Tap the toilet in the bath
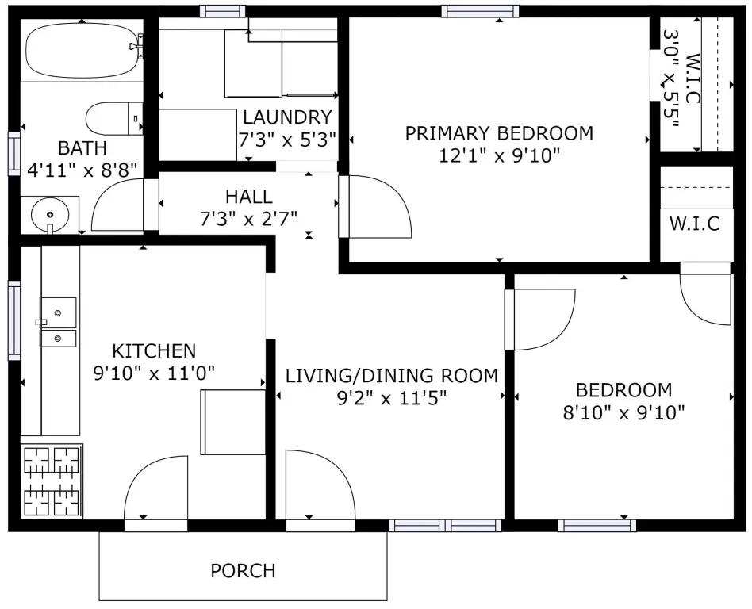[x=114, y=118]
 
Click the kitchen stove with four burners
[x=52, y=481]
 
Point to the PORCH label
[x=244, y=571]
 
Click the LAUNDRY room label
[x=287, y=117]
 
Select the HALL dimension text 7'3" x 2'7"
[x=248, y=219]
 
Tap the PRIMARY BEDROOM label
[x=499, y=133]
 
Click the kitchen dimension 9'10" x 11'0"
[x=154, y=373]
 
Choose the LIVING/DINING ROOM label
[x=392, y=375]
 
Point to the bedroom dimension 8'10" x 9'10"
[x=623, y=412]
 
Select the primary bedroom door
[x=375, y=207]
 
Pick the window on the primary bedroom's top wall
[x=480, y=10]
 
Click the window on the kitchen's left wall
[x=14, y=320]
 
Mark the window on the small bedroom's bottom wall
[x=597, y=526]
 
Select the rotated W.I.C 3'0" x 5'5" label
[x=682, y=79]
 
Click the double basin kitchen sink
[x=58, y=322]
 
